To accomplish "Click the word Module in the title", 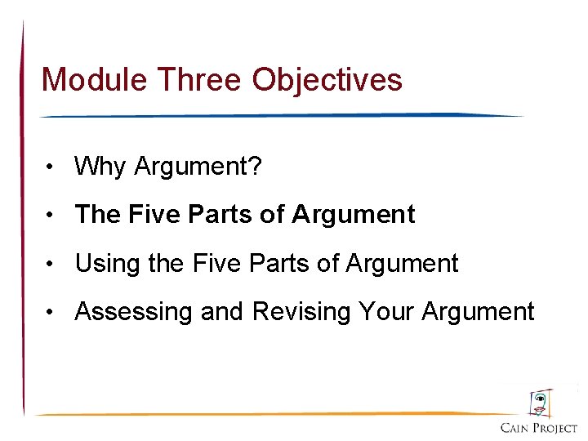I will (x=95, y=80).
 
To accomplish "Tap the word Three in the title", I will (x=200, y=80).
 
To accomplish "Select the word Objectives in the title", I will (x=327, y=80).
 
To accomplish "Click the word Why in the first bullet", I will (x=100, y=167).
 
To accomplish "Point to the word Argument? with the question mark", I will (x=198, y=167).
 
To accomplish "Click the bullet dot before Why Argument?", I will (x=51, y=167).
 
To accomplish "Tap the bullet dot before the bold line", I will (x=51, y=216).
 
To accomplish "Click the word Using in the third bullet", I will (x=102, y=264).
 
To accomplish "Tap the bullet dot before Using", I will (x=51, y=264).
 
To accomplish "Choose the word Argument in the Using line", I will (x=402, y=264).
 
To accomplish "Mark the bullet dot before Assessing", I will (x=51, y=313).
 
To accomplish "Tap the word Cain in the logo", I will (x=515, y=429).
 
